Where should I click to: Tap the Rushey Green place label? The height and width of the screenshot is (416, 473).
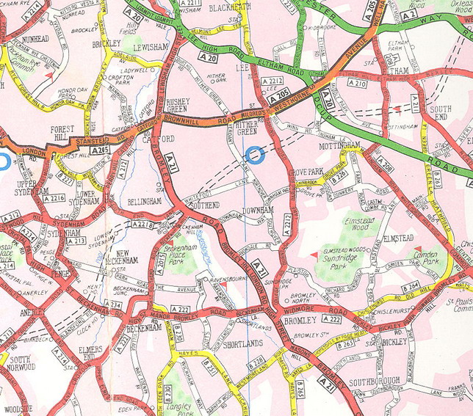coord(178,106)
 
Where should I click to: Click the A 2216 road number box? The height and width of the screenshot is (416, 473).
coord(54,199)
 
